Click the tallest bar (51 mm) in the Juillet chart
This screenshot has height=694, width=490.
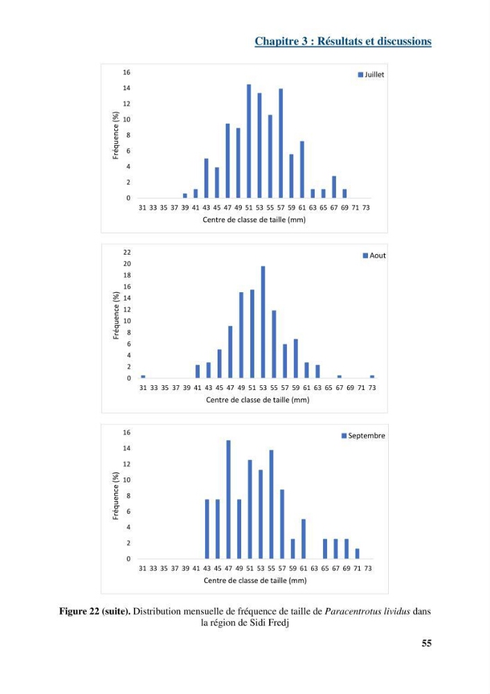[x=249, y=141]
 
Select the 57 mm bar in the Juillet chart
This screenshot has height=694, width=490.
[x=281, y=144]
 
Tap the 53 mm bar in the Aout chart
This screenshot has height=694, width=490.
[x=263, y=322]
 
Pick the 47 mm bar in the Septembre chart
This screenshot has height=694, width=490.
[x=229, y=499]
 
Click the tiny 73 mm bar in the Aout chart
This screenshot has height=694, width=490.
[x=372, y=377]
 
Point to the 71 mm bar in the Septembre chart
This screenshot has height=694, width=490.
[x=358, y=554]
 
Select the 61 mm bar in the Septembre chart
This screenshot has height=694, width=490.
[x=304, y=539]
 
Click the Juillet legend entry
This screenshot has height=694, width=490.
[x=371, y=75]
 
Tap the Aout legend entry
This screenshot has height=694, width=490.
[x=374, y=255]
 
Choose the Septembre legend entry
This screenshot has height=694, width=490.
[x=363, y=436]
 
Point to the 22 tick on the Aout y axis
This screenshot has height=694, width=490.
[x=128, y=253]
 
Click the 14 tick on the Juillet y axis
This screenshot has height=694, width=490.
[x=127, y=88]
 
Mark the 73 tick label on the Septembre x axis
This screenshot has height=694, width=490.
[x=368, y=568]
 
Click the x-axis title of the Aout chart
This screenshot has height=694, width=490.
[x=258, y=400]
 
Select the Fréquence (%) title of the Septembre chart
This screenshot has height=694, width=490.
[x=116, y=496]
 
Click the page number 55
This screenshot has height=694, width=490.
[x=426, y=643]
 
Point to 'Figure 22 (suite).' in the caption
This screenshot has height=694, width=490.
[x=94, y=611]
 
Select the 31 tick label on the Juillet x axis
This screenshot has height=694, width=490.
[x=142, y=208]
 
